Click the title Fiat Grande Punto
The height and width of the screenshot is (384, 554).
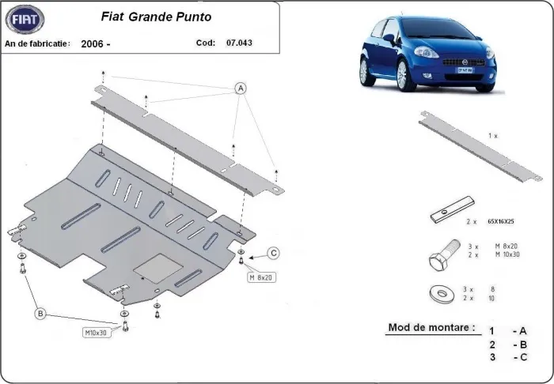[161, 15]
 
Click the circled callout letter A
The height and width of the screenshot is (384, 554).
[239, 88]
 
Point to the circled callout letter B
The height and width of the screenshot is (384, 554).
[40, 314]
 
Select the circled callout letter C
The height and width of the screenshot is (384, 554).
[272, 253]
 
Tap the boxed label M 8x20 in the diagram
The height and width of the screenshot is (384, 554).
[260, 277]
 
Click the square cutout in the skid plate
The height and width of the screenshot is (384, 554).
[151, 268]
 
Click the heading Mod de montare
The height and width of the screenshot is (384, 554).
[431, 327]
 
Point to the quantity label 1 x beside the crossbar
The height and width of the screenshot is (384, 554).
[492, 136]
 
